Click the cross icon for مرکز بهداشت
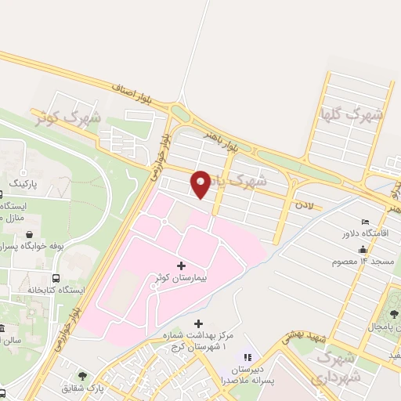197,323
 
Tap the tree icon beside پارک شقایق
83,376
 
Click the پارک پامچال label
371,325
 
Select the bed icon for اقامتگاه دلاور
364,222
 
